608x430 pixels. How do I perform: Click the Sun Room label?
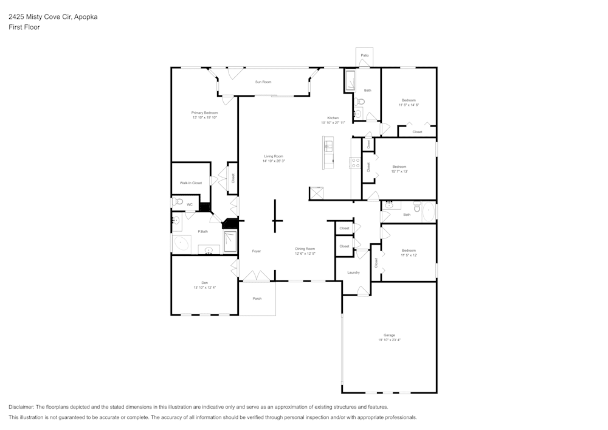tap(263, 81)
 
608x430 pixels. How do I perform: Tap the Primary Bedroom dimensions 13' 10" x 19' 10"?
tap(204, 117)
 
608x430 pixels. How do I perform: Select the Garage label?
tap(389, 335)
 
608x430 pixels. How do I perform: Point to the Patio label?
tap(364, 55)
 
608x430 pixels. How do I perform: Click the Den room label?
tap(204, 283)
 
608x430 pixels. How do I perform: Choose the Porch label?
tap(257, 299)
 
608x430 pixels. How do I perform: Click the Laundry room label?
tap(353, 272)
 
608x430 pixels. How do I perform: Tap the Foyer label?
tap(257, 251)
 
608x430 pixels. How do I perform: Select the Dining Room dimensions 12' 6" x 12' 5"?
tap(305, 254)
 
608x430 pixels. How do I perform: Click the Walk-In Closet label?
tap(190, 182)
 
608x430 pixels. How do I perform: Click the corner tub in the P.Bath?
tap(181, 244)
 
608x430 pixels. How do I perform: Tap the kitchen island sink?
tap(328, 146)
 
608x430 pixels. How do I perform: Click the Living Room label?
tap(273, 156)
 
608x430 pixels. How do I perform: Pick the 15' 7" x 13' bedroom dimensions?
tap(399, 172)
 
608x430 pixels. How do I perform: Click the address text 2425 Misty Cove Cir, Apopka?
tap(53, 17)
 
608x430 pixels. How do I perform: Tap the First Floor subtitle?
tap(24, 27)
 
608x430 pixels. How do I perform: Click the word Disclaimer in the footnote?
tap(21, 407)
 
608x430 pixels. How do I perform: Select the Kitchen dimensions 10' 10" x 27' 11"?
tap(333, 123)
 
